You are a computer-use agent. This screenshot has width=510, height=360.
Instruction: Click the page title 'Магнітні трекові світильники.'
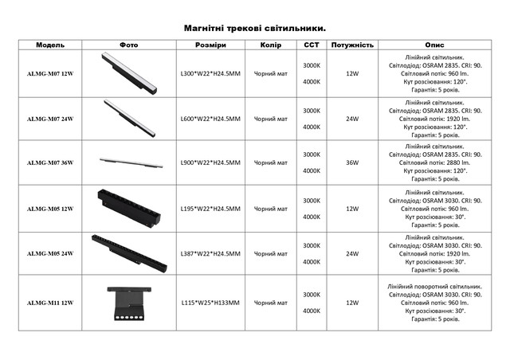click(255, 27)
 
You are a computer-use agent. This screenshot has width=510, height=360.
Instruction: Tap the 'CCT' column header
click(312, 45)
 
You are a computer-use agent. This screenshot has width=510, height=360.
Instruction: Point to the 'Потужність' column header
click(351, 45)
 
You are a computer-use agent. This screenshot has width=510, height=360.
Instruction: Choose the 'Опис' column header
click(435, 45)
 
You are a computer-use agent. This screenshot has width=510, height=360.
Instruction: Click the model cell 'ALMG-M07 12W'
click(49, 74)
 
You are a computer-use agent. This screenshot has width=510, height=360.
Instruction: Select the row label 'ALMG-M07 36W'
click(49, 163)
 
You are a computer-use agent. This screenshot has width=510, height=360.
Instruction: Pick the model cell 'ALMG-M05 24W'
click(49, 253)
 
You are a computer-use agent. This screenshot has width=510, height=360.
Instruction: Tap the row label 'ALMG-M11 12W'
click(49, 303)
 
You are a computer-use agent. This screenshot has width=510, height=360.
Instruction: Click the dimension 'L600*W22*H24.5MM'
click(210, 119)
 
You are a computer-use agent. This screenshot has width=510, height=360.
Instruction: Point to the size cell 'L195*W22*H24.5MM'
click(210, 209)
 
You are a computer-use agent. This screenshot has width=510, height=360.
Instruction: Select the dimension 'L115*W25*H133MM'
click(210, 303)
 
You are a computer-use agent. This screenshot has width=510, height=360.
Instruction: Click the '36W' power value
click(351, 163)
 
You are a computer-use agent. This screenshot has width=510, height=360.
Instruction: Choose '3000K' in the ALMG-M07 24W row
click(312, 110)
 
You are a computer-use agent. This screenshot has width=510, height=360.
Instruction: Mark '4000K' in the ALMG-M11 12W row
click(312, 311)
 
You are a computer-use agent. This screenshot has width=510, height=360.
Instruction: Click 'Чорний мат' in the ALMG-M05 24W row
click(271, 253)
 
